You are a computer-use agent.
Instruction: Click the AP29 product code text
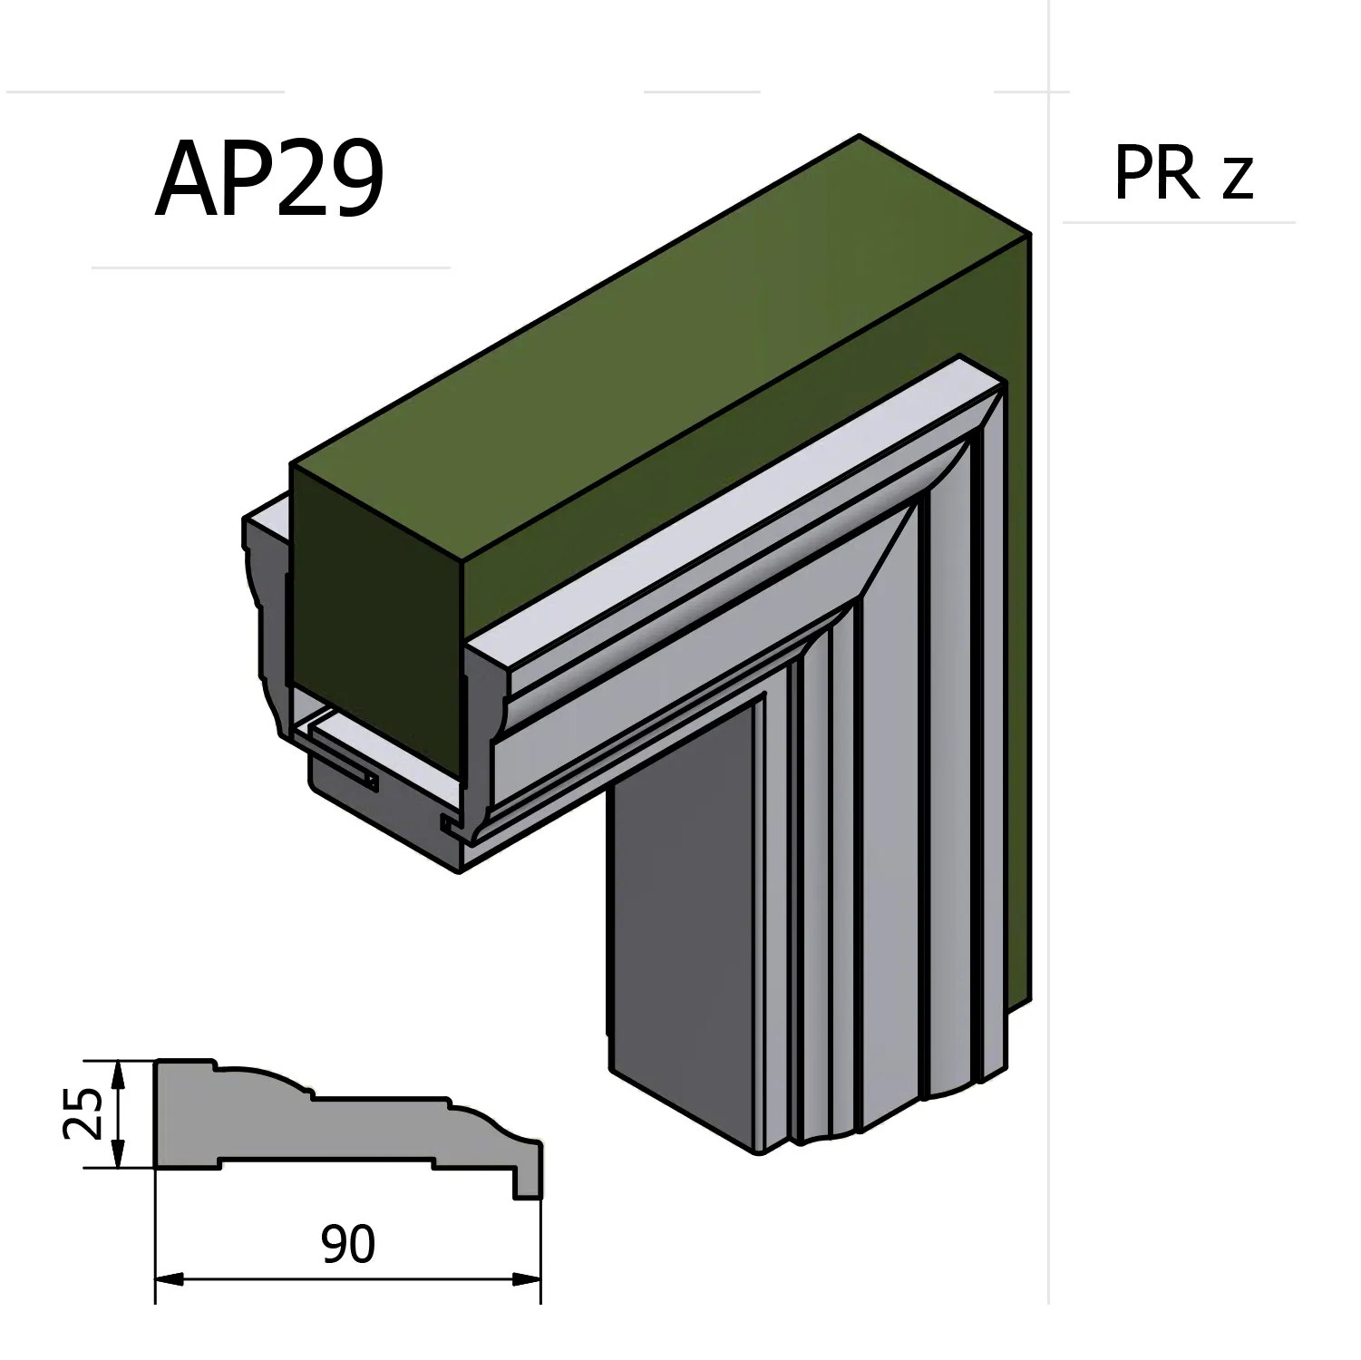click(x=270, y=180)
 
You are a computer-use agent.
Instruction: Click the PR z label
click(x=1182, y=173)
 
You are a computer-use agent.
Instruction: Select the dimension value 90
click(x=347, y=1244)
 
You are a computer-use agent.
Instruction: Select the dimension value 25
click(x=83, y=1113)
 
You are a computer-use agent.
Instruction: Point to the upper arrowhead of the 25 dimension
click(x=116, y=1070)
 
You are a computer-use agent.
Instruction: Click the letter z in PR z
click(x=1238, y=179)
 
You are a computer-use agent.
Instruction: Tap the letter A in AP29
click(x=188, y=180)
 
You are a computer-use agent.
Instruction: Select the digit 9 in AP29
click(x=356, y=180)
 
